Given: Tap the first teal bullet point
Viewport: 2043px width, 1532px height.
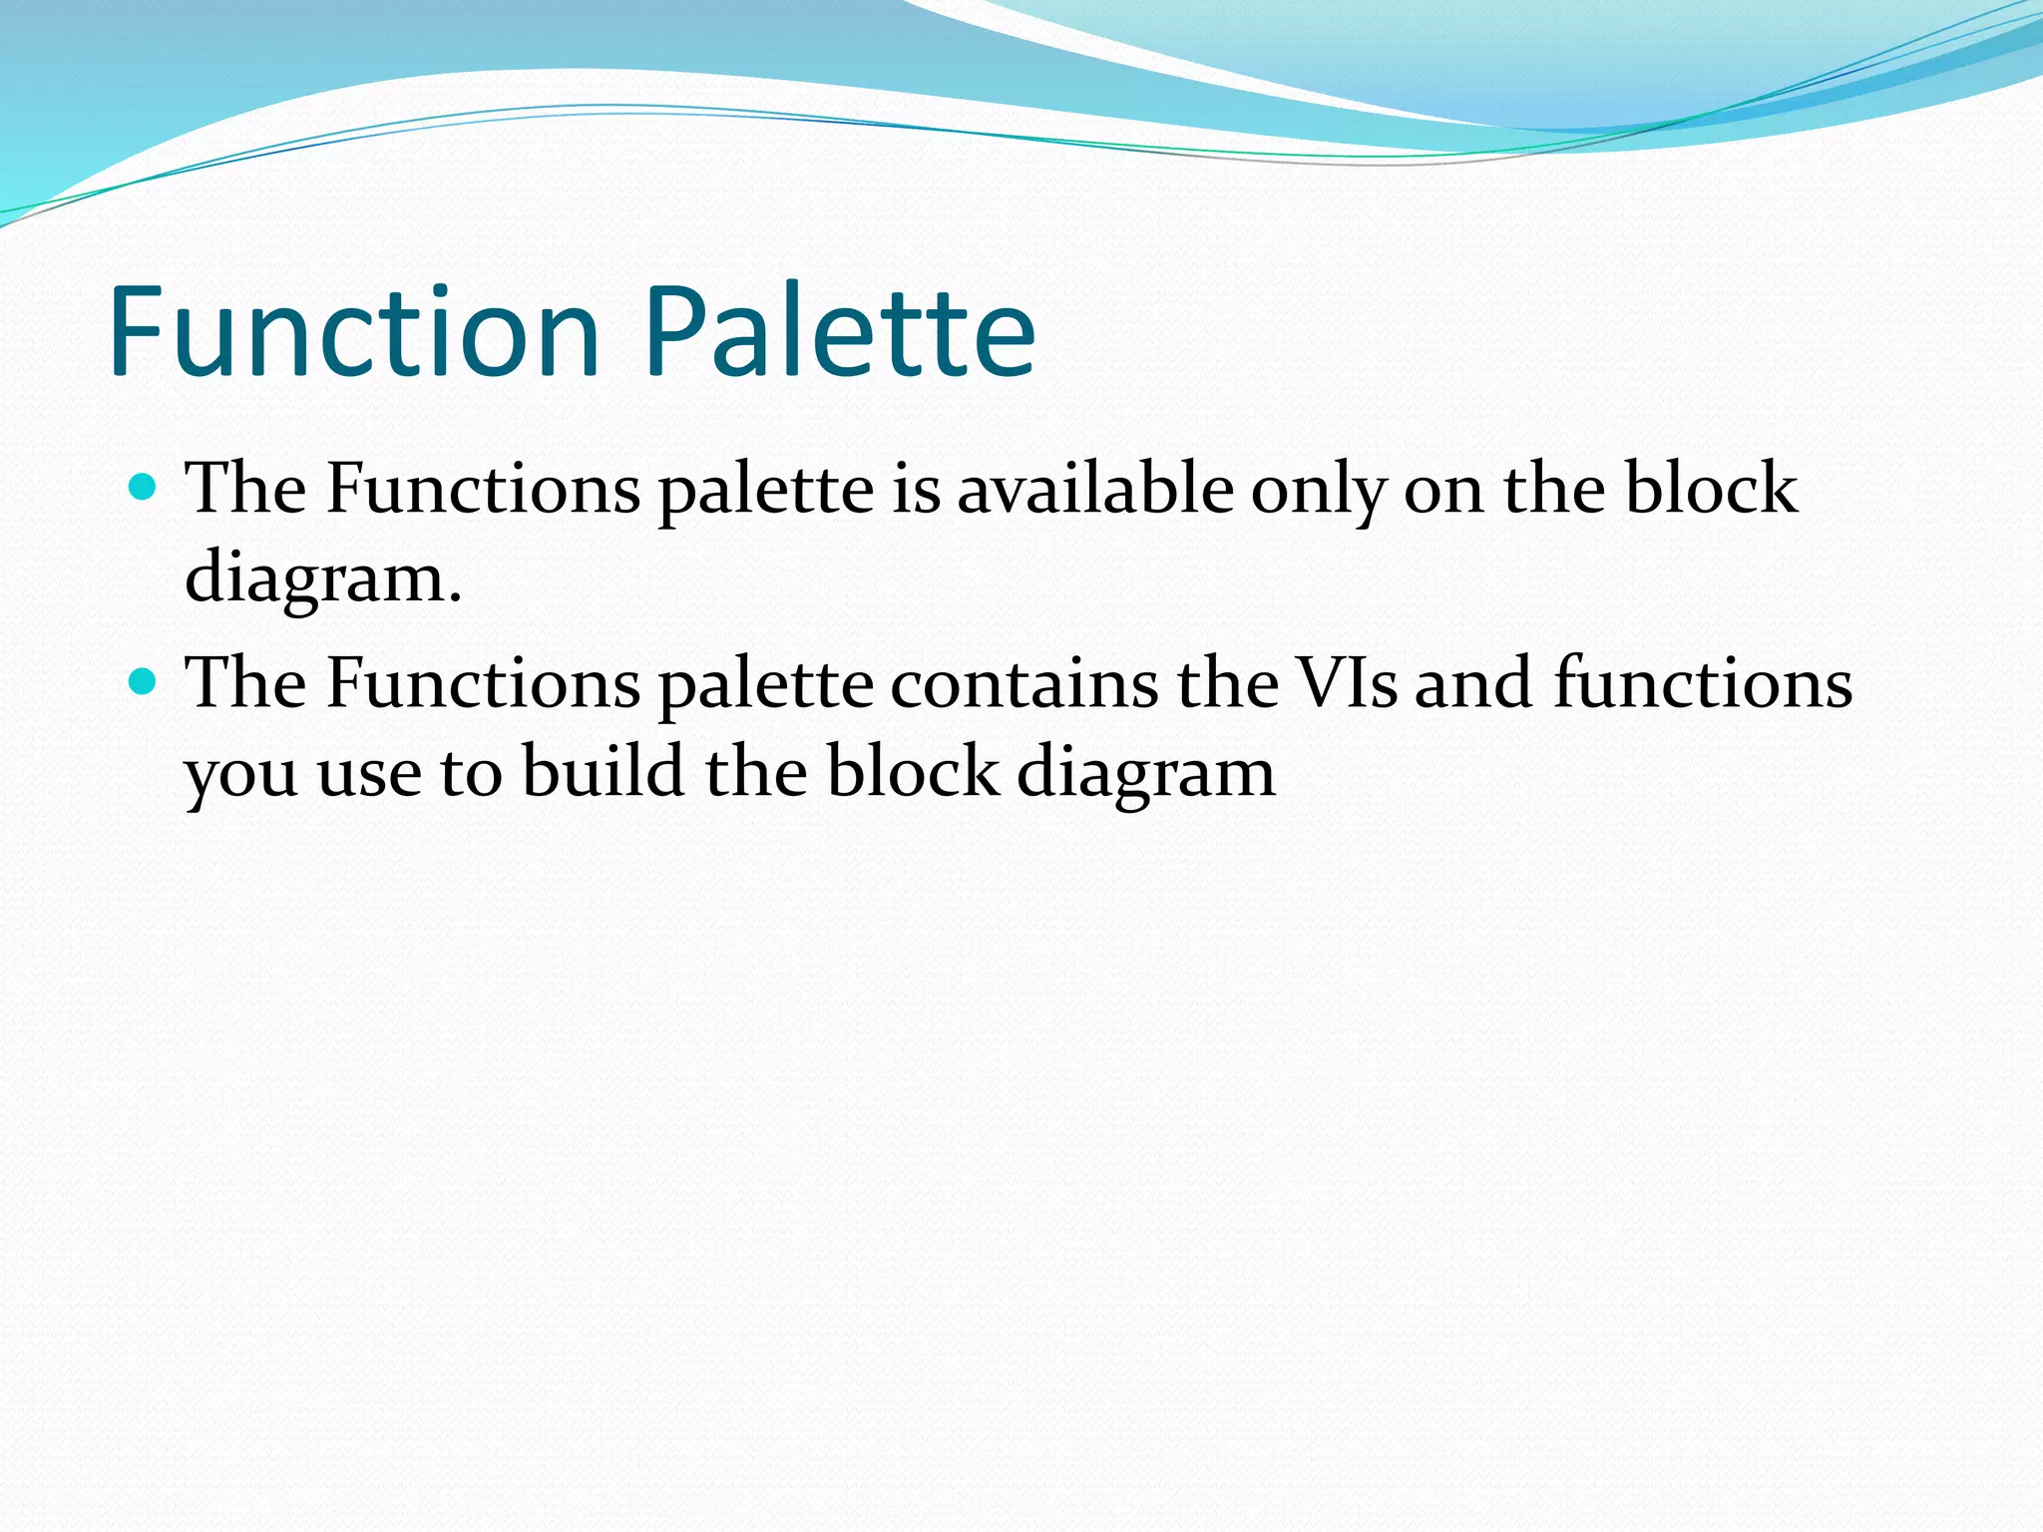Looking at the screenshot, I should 145,488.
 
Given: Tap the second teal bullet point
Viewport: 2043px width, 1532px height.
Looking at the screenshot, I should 145,682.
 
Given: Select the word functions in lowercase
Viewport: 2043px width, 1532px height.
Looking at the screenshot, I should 1703,684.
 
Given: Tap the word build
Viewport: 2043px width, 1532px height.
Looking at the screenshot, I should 603,772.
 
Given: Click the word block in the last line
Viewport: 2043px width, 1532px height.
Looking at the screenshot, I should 912,772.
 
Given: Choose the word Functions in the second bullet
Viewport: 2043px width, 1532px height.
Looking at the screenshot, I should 483,684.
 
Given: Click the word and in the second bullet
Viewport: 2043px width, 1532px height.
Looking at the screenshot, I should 1473,684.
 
